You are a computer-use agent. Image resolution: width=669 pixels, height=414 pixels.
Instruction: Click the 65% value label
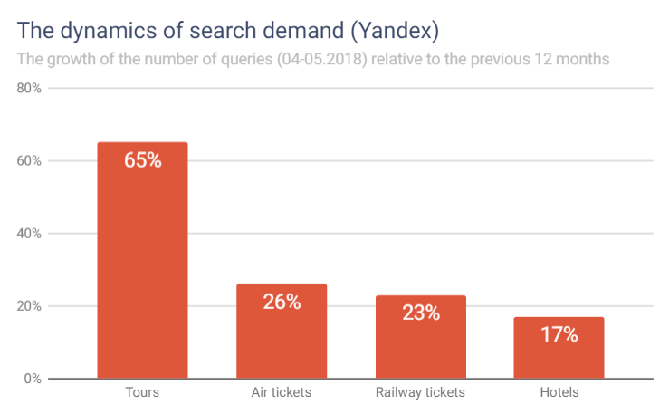142,161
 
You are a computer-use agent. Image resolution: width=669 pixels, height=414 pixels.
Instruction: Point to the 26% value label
281,302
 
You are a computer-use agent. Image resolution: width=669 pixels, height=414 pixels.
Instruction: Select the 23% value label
420,313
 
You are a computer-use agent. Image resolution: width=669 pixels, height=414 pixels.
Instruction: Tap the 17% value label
559,334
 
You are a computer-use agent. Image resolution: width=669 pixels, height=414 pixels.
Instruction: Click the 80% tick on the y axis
30,89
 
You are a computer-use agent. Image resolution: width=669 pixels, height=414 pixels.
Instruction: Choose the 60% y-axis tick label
30,161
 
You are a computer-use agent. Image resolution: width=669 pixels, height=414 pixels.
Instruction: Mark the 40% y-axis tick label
30,234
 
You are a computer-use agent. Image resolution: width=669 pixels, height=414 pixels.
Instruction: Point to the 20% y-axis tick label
30,306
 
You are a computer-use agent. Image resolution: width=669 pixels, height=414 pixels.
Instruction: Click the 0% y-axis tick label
33,379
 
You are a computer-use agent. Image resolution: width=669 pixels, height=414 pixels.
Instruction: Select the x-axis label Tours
142,393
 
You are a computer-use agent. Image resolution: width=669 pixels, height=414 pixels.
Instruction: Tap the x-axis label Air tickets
281,393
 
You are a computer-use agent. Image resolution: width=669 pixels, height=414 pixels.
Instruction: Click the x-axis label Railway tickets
420,393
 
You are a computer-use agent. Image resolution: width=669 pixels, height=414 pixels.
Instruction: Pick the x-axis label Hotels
559,393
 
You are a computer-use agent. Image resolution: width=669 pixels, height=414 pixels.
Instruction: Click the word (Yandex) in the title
396,31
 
